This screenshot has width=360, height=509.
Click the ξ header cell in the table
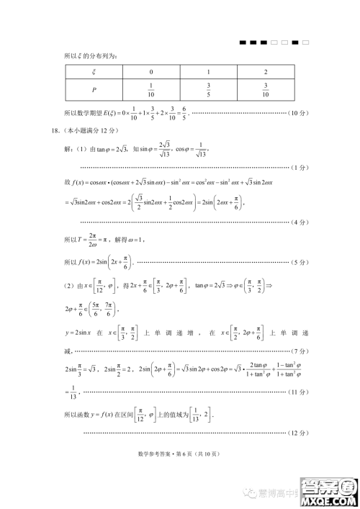coord(93,71)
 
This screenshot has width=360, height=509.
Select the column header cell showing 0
coord(151,71)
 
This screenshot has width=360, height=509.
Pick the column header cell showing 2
coord(266,71)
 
